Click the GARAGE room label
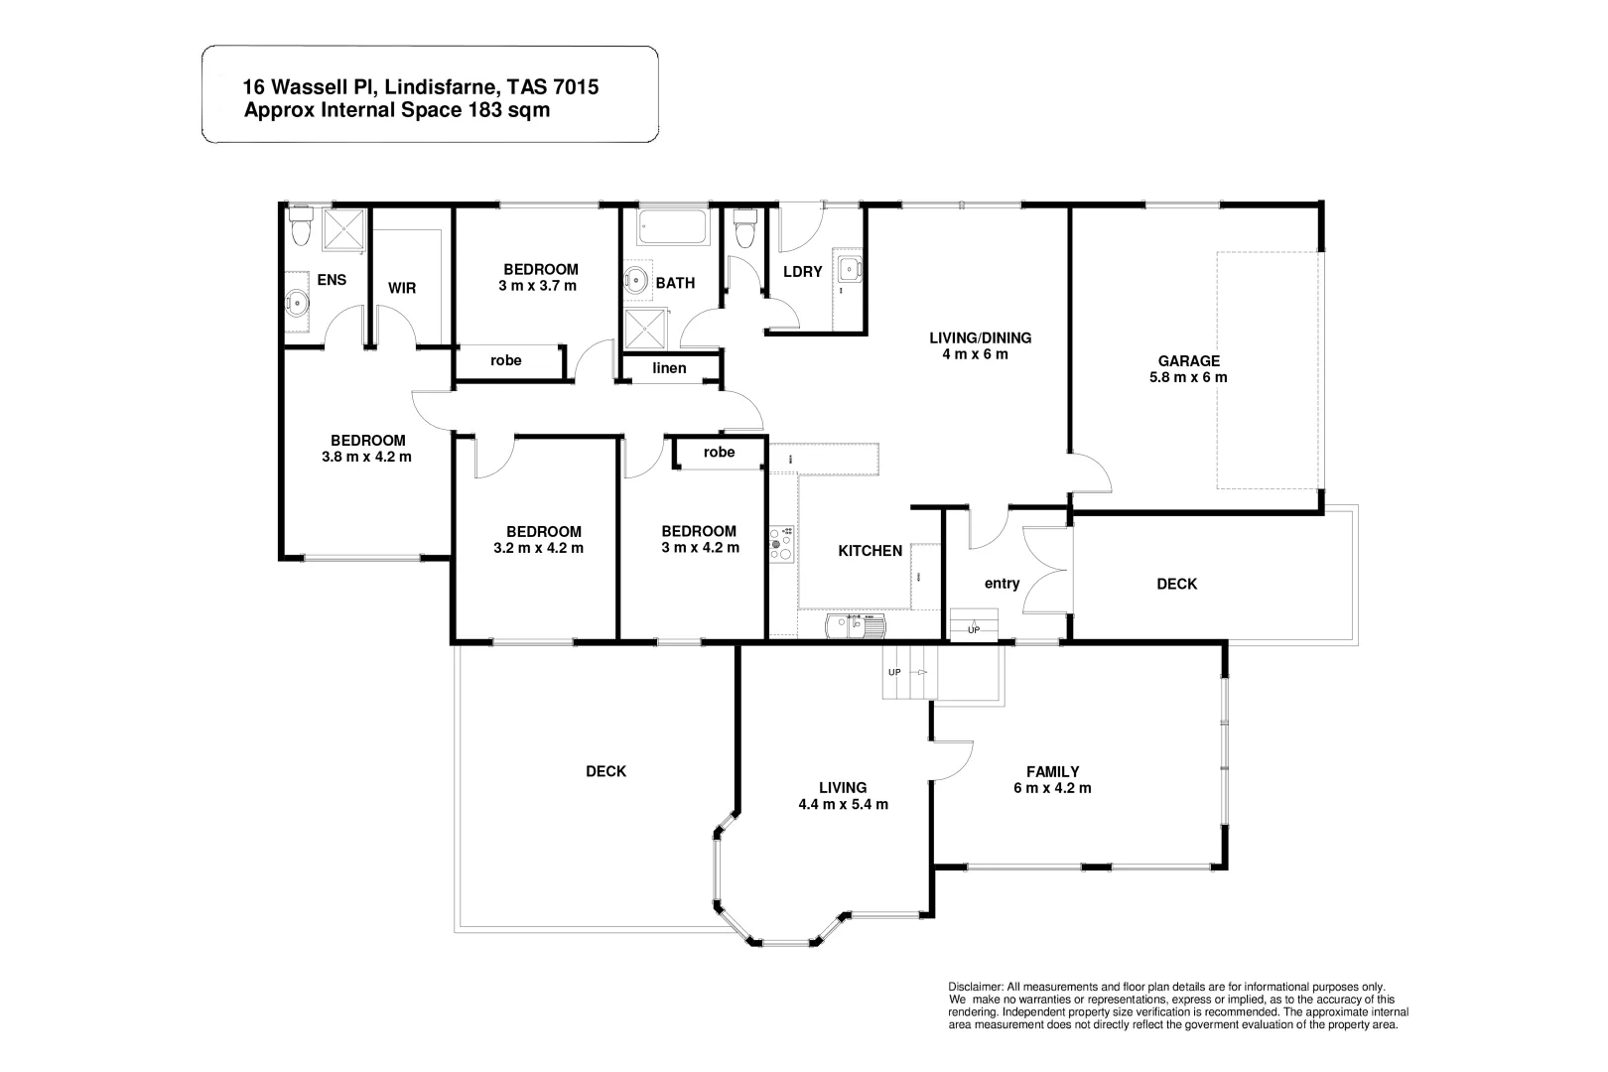point(1188,361)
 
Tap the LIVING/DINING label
point(980,337)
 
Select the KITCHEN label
point(870,551)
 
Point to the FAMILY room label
point(1052,771)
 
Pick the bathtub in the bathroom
point(672,227)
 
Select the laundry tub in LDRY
point(850,270)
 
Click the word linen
point(669,368)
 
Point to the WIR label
point(402,288)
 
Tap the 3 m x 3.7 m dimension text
point(537,286)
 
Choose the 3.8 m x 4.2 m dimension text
point(366,458)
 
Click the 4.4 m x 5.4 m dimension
point(843,805)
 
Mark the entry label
point(1002,584)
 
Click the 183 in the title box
point(482,110)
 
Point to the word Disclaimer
point(977,985)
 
